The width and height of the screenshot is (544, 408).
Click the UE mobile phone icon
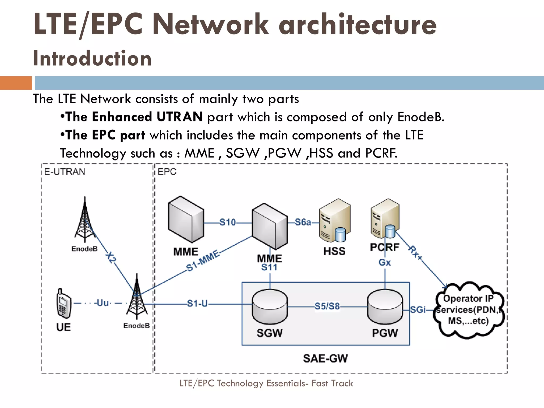tap(63, 303)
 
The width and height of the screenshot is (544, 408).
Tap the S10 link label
tap(227, 222)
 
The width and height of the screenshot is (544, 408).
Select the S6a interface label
tap(303, 222)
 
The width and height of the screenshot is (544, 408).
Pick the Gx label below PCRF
tap(384, 262)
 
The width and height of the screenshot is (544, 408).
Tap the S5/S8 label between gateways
tap(327, 306)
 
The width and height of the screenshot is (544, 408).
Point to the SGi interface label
tap(418, 309)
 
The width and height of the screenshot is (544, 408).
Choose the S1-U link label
tap(197, 303)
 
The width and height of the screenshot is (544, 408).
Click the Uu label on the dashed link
tap(103, 303)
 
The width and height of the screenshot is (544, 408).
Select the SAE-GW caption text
tap(325, 358)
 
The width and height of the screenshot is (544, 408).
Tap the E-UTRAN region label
tap(65, 172)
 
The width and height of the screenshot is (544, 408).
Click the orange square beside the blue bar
tap(16, 83)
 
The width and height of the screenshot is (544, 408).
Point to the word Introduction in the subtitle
tap(92, 58)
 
